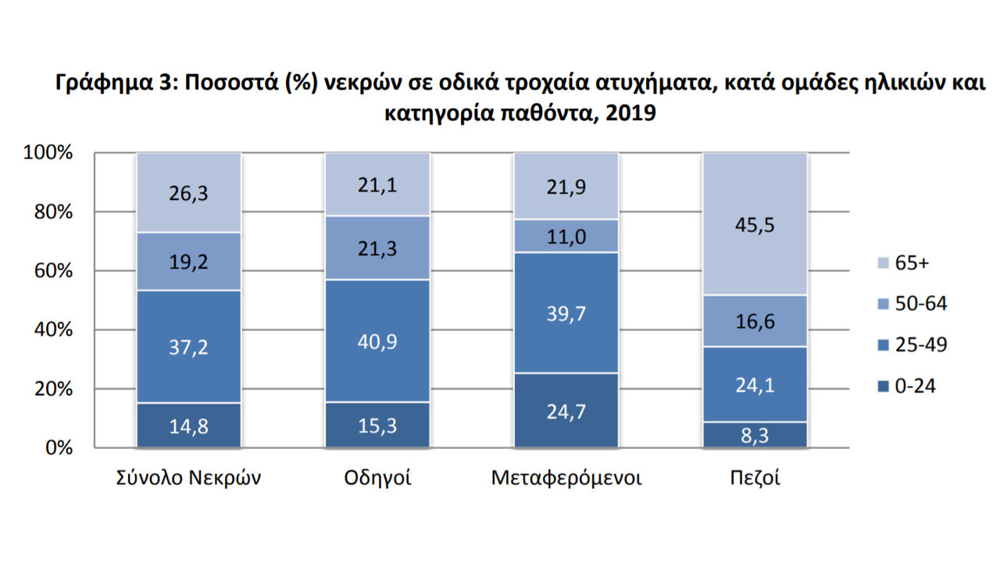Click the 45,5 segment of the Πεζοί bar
point(755,224)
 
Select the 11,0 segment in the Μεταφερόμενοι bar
point(566,236)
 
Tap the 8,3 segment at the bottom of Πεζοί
point(755,435)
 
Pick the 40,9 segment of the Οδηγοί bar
point(377,341)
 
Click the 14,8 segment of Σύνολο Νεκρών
point(188,426)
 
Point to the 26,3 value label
point(188,193)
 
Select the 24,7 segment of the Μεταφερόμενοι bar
point(566,411)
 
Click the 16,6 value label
point(755,321)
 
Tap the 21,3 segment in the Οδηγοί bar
point(377,248)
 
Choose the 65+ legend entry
point(903,263)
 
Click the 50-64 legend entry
point(912,304)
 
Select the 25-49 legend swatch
point(883,345)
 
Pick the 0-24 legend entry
point(906,386)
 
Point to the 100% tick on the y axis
point(48,152)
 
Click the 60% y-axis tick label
point(53,271)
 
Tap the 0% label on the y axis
point(59,447)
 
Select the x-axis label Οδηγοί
point(377,478)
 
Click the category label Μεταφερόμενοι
point(566,478)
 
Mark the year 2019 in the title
point(630,113)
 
